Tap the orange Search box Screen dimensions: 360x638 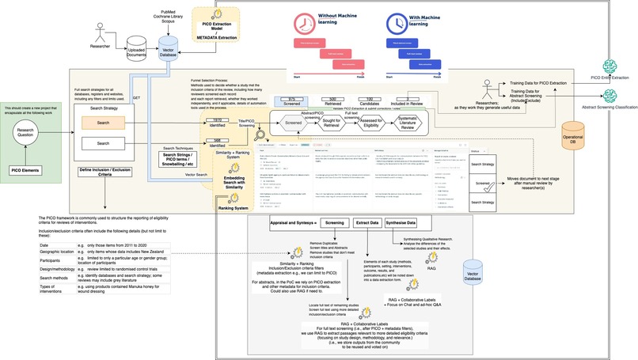[103, 123]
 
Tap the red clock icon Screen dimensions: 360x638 [304, 21]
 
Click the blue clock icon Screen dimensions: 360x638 [397, 21]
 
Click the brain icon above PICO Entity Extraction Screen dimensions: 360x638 [608, 66]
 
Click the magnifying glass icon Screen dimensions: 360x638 [259, 134]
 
